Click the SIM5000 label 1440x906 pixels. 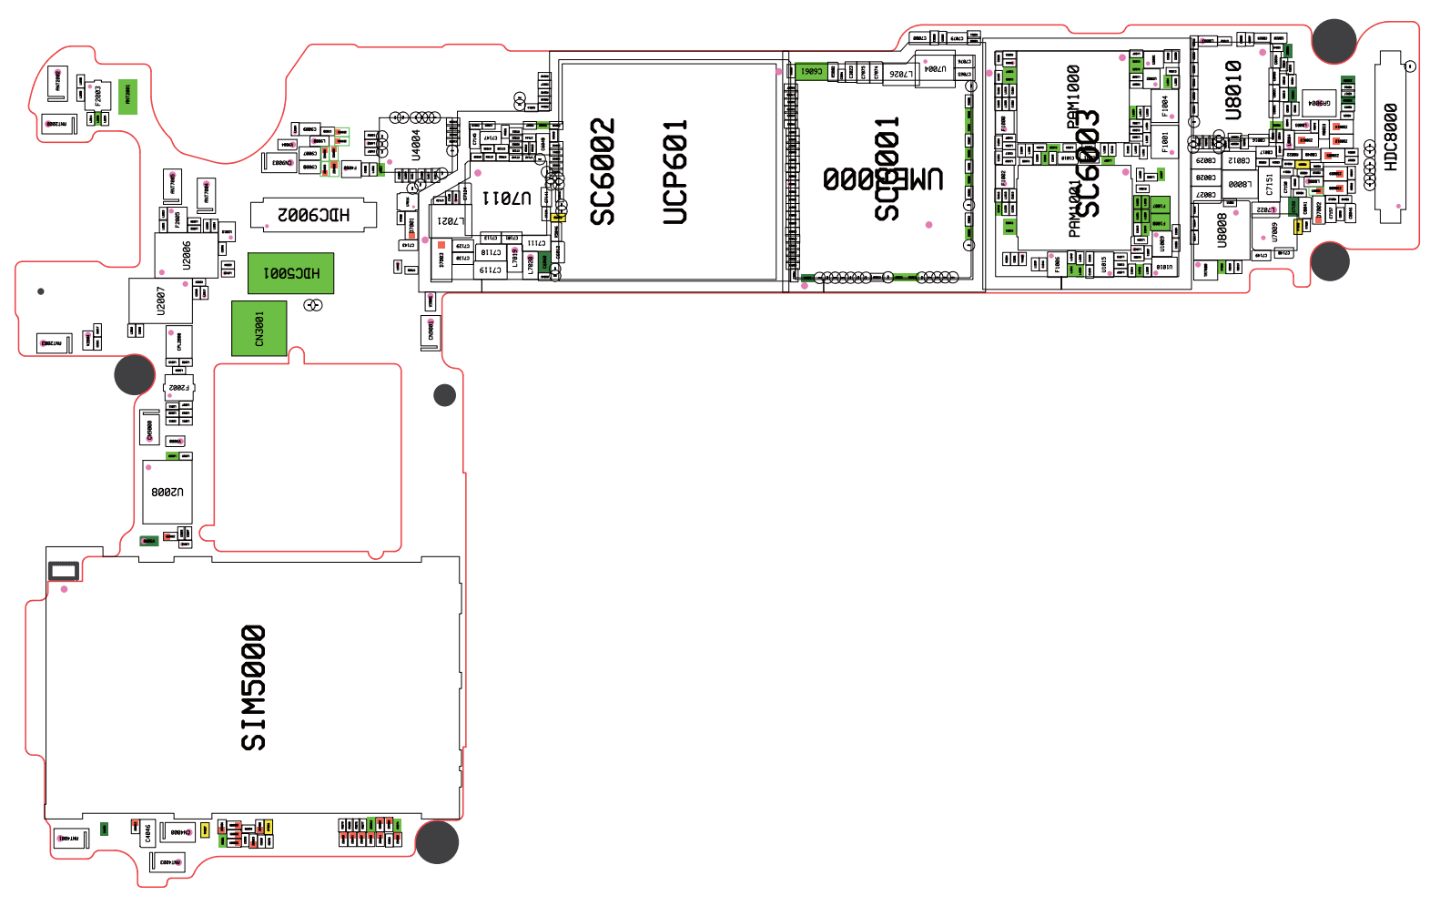pyautogui.click(x=253, y=687)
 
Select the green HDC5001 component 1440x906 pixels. pyautogui.click(x=291, y=273)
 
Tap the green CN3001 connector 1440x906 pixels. pyautogui.click(x=259, y=328)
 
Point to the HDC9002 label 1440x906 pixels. pyautogui.click(x=313, y=215)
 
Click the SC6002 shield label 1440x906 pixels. pyautogui.click(x=603, y=171)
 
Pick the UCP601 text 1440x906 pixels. pyautogui.click(x=674, y=171)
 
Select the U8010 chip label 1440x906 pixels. pyautogui.click(x=1233, y=90)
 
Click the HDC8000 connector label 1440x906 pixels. pyautogui.click(x=1391, y=137)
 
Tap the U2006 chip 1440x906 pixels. pyautogui.click(x=187, y=256)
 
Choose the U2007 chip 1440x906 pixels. pyautogui.click(x=160, y=300)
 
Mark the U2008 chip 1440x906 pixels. pyautogui.click(x=167, y=492)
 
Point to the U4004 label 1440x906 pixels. pyautogui.click(x=416, y=145)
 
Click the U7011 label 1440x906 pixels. pyautogui.click(x=506, y=197)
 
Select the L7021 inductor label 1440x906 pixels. pyautogui.click(x=451, y=221)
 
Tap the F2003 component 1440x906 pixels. pyautogui.click(x=99, y=96)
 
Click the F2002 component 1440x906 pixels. pyautogui.click(x=178, y=388)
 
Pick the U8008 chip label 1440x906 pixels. pyautogui.click(x=1222, y=229)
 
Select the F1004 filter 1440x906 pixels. pyautogui.click(x=1164, y=107)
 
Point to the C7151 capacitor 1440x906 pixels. pyautogui.click(x=1270, y=185)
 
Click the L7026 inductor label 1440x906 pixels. pyautogui.click(x=900, y=74)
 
